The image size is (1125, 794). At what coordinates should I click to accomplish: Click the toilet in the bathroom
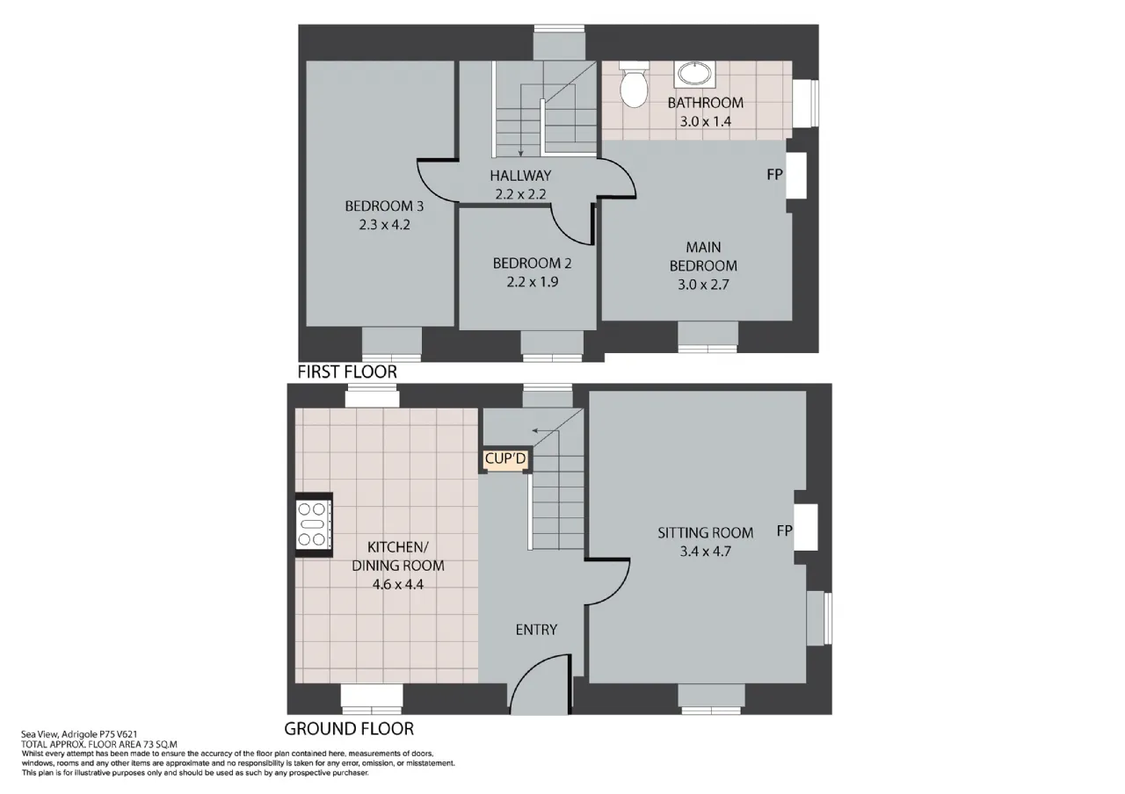tap(634, 84)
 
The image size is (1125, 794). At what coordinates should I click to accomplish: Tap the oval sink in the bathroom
tap(695, 74)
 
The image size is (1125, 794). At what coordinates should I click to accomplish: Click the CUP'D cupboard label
tap(505, 458)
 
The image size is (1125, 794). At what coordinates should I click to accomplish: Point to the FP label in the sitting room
tap(785, 531)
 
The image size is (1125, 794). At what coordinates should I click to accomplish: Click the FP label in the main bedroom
tap(774, 174)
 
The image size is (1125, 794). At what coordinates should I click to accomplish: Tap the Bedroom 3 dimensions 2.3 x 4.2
tap(384, 225)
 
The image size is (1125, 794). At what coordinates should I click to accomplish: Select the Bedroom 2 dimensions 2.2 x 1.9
tap(532, 282)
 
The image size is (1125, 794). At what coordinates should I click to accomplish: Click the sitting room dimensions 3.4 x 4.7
tap(705, 552)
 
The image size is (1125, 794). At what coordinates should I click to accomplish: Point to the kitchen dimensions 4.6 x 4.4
tap(398, 585)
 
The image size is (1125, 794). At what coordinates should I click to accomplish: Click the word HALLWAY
tap(520, 176)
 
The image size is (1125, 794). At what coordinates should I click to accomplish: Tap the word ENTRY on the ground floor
tap(536, 630)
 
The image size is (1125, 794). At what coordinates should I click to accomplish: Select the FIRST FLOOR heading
tap(347, 372)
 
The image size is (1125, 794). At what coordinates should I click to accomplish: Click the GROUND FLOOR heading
tap(349, 729)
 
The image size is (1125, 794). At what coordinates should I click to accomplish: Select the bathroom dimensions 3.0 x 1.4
tap(705, 121)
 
